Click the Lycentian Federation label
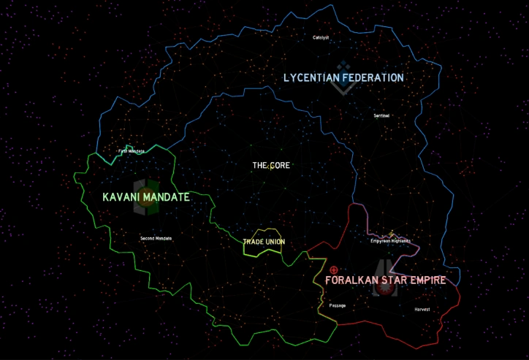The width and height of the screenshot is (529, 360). click(343, 77)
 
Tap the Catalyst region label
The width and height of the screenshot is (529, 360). click(321, 37)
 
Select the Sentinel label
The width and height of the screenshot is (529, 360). click(381, 116)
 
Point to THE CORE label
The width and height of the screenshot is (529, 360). click(271, 166)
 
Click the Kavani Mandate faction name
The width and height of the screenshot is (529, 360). click(146, 197)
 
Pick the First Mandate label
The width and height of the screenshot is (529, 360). click(132, 151)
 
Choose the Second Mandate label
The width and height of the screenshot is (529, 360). click(156, 238)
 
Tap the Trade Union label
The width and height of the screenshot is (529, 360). click(264, 242)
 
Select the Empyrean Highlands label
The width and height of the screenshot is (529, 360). click(390, 241)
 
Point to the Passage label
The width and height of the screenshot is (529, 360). click(338, 305)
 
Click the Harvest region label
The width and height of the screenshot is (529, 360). click(422, 310)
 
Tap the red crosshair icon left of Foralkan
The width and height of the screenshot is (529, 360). click(334, 270)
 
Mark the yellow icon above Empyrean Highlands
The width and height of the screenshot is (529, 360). click(392, 233)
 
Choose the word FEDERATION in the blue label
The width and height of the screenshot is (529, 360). click(370, 77)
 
